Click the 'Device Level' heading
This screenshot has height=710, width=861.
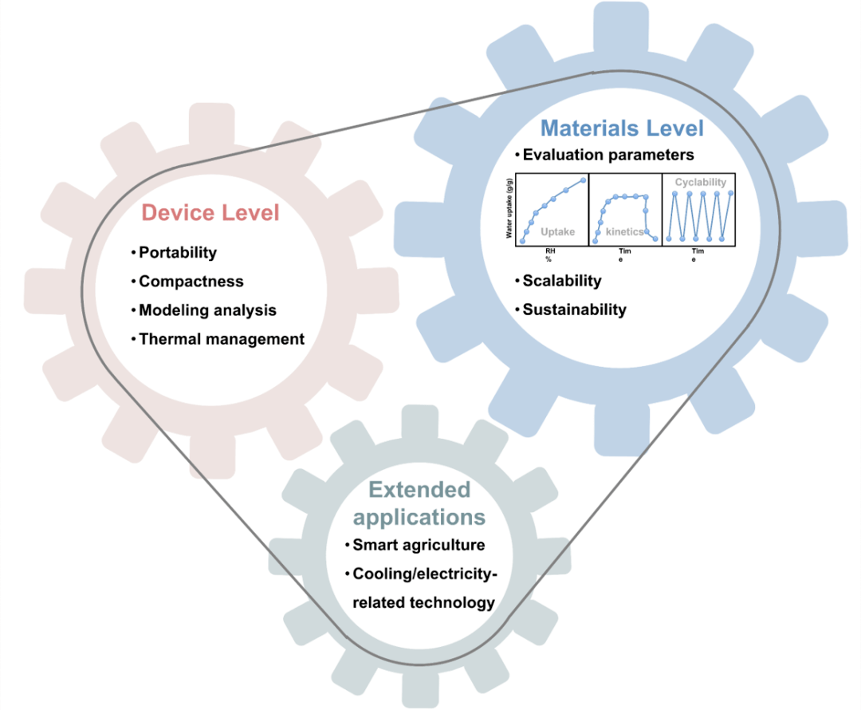point(210,213)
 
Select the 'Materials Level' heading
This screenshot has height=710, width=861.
point(622,128)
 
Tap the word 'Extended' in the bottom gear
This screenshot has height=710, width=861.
point(419,489)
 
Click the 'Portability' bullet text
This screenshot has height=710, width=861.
point(178,253)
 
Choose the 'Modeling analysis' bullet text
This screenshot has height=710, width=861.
point(207,310)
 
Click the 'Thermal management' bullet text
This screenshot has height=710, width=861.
point(222,339)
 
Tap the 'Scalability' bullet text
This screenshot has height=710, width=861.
point(562,281)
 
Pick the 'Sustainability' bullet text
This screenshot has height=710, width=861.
point(574,310)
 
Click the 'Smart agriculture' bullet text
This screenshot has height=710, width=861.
point(419,546)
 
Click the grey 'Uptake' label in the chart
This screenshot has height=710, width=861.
point(557,232)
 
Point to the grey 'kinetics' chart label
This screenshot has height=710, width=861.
point(624,232)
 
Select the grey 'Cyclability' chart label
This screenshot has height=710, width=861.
point(701,183)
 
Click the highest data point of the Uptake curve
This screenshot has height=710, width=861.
point(583,180)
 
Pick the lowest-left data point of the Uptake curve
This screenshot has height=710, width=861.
point(522,240)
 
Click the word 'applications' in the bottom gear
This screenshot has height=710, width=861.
point(419,517)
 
